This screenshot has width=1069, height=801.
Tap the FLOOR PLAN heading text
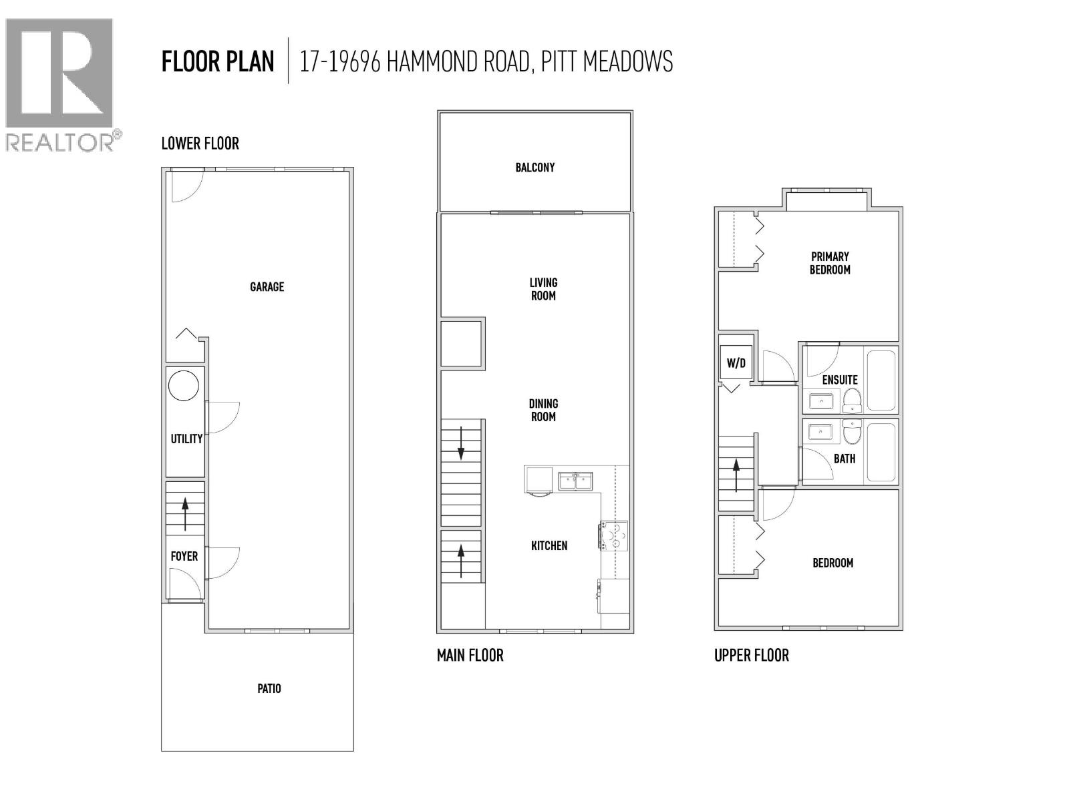[x=218, y=61]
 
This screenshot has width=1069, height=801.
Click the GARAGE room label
[x=267, y=287]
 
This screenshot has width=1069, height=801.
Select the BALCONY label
[x=534, y=168]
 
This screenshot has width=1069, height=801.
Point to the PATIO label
[x=269, y=688]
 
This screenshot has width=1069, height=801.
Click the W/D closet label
[x=736, y=364]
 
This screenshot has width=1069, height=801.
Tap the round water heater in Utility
[x=183, y=386]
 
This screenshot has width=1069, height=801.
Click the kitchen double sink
[x=575, y=480]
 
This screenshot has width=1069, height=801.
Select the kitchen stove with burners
[x=614, y=535]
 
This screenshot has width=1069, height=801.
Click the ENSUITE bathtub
[x=881, y=380]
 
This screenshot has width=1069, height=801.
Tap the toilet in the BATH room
[x=852, y=433]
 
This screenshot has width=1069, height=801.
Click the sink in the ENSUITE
[x=820, y=400]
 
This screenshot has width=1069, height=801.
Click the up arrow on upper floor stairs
[x=736, y=474]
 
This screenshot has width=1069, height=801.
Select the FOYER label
[x=184, y=556]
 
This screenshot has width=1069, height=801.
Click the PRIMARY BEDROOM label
[x=830, y=263]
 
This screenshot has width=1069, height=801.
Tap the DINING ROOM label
[x=543, y=410]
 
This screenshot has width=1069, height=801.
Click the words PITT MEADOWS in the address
[x=607, y=61]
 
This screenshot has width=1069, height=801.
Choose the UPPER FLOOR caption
[x=751, y=655]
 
